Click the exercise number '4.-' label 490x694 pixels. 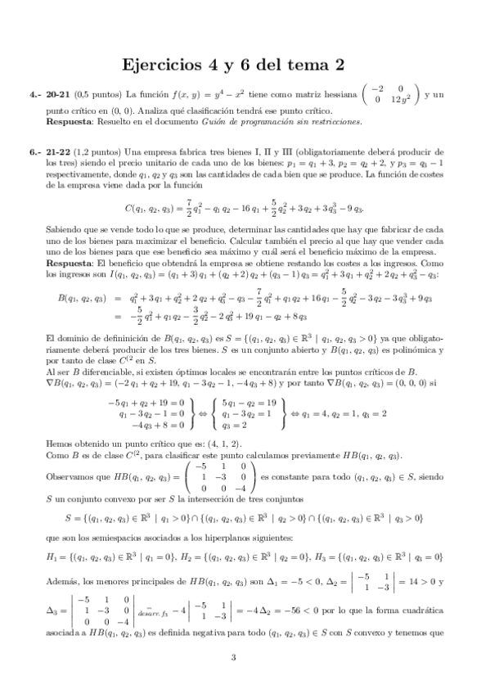click(x=37, y=96)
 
